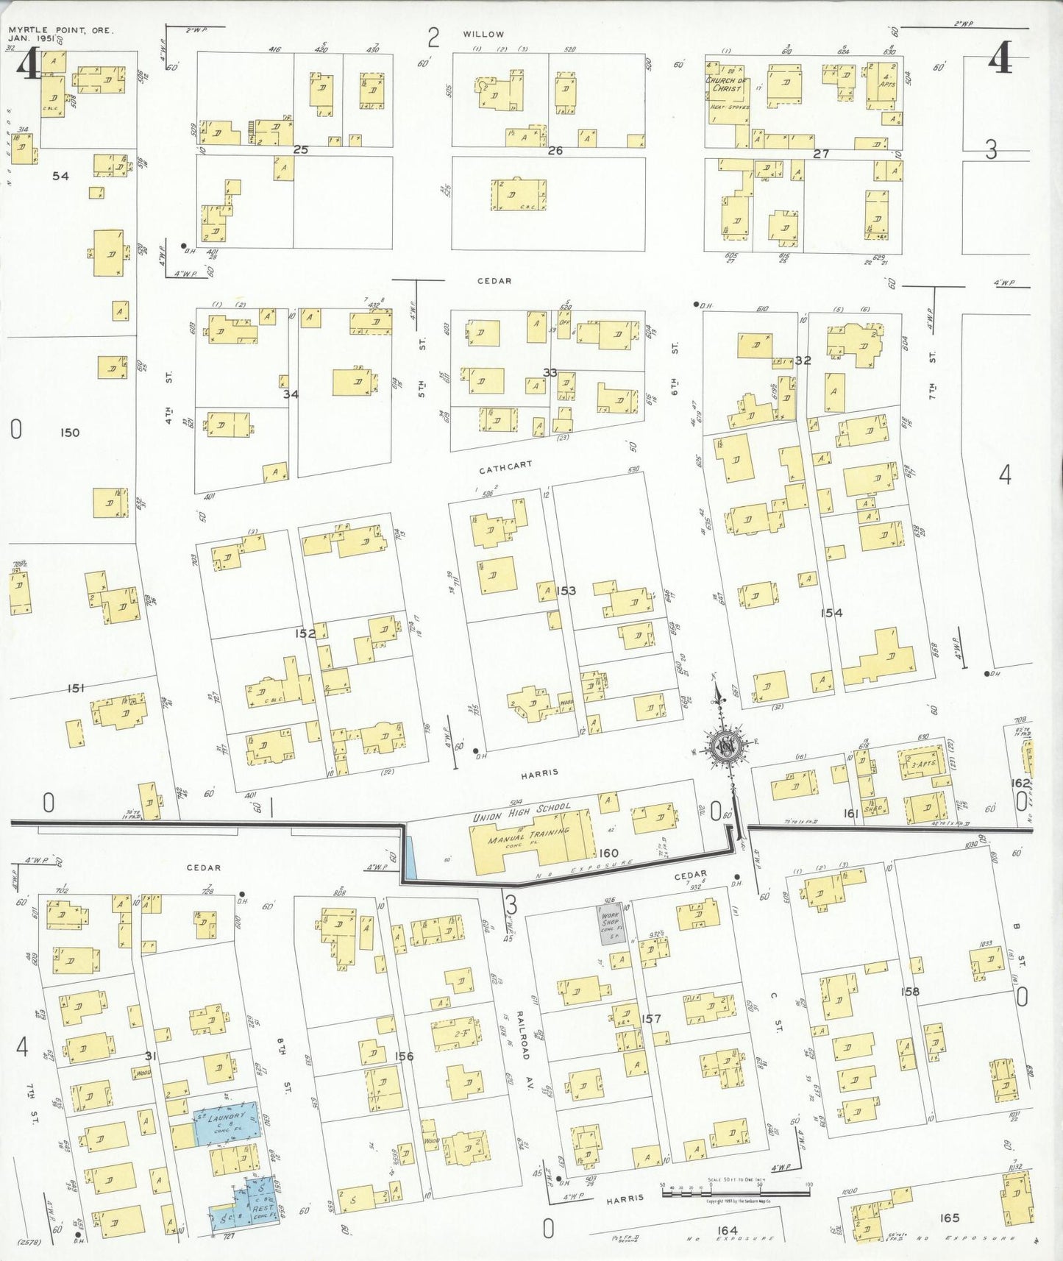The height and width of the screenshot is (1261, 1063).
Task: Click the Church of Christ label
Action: pos(727,84)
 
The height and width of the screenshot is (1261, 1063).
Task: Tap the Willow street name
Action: pos(483,34)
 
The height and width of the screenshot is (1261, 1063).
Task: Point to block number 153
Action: pos(566,591)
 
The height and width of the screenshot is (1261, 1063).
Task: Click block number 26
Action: pos(555,151)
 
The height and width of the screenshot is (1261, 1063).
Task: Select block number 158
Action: pos(910,992)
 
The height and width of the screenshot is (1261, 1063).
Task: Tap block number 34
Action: pos(291,394)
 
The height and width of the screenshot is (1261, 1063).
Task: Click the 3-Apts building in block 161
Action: pos(922,764)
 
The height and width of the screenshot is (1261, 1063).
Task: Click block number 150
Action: pos(69,433)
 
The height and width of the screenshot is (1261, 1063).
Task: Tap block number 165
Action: pos(950,1218)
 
